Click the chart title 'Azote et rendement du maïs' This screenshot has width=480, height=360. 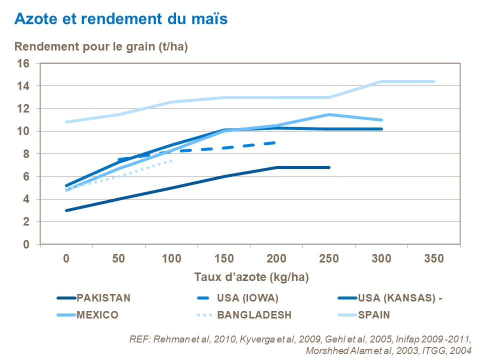pyautogui.click(x=121, y=19)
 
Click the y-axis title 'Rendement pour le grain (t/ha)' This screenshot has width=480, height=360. pyautogui.click(x=101, y=47)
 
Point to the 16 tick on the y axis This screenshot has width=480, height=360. pyautogui.click(x=23, y=63)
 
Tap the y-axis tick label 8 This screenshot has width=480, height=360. pyautogui.click(x=26, y=154)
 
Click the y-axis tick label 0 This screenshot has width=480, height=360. pyautogui.click(x=26, y=244)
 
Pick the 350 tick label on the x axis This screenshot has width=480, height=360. pyautogui.click(x=433, y=258)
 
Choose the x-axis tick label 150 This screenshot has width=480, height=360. pyautogui.click(x=224, y=258)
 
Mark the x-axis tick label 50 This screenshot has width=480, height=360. pyautogui.click(x=118, y=258)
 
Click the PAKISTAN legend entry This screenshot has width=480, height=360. pyautogui.click(x=103, y=298)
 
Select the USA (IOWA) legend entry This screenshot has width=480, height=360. pyautogui.click(x=247, y=298)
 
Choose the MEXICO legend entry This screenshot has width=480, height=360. pyautogui.click(x=97, y=315)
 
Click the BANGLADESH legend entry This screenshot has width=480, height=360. pyautogui.click(x=254, y=315)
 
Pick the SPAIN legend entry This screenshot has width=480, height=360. pyautogui.click(x=373, y=315)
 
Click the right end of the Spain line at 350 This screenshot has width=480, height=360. pyautogui.click(x=434, y=81)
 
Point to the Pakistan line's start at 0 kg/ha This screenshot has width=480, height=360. pyautogui.click(x=66, y=210)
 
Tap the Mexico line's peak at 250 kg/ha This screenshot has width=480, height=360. pyautogui.click(x=329, y=114)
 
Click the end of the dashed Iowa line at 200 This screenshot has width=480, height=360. pyautogui.click(x=275, y=142)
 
